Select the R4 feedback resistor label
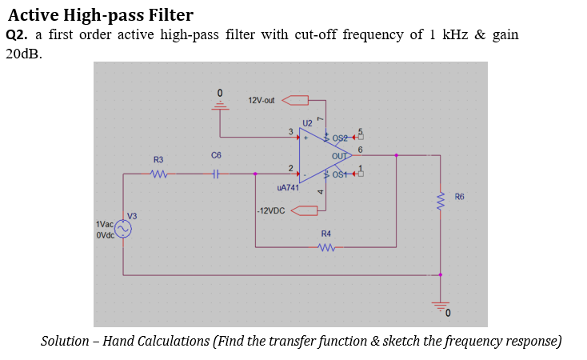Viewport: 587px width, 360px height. tap(325, 233)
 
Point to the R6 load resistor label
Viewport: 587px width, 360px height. tap(459, 196)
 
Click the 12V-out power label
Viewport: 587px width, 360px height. tap(262, 100)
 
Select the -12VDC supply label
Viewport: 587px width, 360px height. tap(272, 211)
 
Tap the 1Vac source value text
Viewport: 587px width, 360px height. tap(104, 226)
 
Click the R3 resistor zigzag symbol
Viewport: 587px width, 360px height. tap(158, 172)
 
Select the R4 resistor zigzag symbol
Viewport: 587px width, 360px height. tap(326, 247)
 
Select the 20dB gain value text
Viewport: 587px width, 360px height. tap(23, 54)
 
